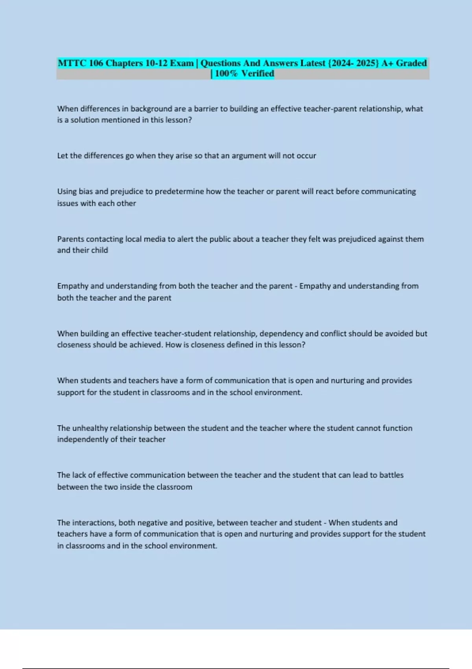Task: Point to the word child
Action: point(100,250)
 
